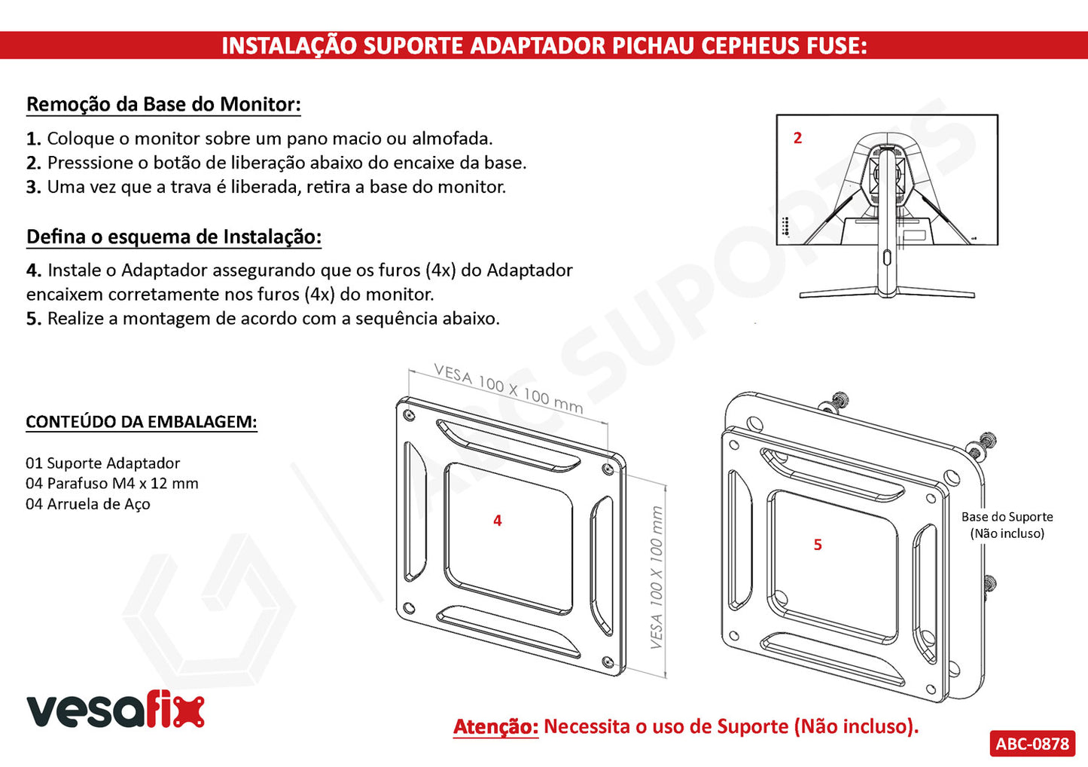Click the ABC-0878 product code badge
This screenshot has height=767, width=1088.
(1032, 743)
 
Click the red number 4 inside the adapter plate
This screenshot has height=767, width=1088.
(498, 521)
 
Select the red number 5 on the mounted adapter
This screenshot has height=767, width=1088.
(818, 545)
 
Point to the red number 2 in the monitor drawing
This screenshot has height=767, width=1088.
(797, 138)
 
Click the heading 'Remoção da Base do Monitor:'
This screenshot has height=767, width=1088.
(163, 105)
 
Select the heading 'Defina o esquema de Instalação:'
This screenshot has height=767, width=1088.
(174, 237)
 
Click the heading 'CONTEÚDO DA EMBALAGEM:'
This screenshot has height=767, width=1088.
(142, 421)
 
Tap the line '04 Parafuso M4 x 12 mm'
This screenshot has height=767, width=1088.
(112, 484)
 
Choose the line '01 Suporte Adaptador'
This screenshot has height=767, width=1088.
(103, 463)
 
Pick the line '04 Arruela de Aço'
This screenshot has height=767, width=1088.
(88, 504)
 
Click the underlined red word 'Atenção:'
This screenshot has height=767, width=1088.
(496, 726)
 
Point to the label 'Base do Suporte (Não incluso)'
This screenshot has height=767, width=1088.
(1007, 525)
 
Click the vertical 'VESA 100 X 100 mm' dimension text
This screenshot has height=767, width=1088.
(657, 577)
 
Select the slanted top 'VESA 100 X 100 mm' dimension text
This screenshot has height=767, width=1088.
(508, 388)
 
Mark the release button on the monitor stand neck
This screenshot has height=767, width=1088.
(887, 258)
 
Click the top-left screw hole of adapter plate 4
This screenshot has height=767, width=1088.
(409, 415)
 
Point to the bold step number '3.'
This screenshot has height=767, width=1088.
(34, 187)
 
